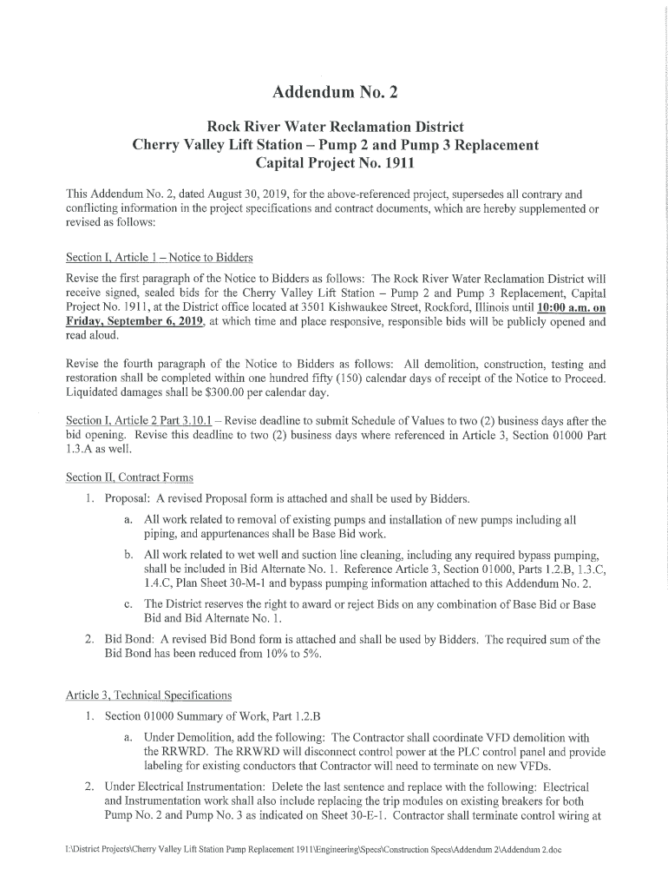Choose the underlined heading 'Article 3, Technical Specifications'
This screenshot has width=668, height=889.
pyautogui.click(x=149, y=695)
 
